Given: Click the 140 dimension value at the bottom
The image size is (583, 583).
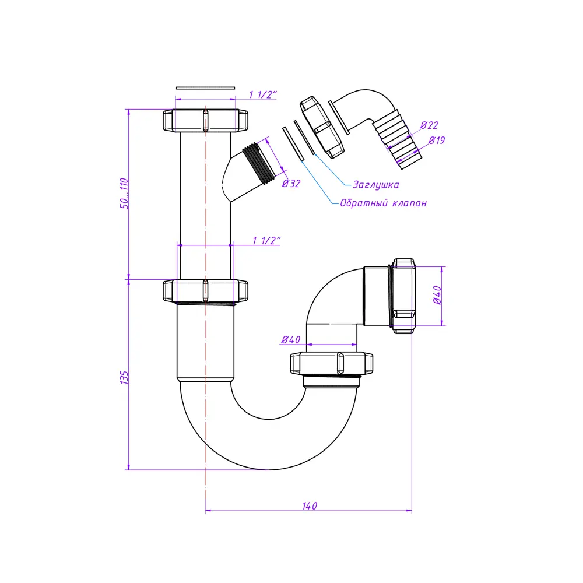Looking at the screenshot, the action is coord(310,505).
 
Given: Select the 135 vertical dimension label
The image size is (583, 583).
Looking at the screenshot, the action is coord(124,377).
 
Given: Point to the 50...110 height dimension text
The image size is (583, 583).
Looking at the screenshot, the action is coord(124,194).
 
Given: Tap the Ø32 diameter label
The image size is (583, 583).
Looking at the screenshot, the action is coord(291,183).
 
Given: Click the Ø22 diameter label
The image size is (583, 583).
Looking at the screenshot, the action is coord(429,125).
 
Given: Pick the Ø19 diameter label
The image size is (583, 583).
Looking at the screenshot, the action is coord(437,140).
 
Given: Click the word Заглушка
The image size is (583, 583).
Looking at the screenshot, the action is coord(375,185).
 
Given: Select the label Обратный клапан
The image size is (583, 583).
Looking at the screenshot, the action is coord(384,203).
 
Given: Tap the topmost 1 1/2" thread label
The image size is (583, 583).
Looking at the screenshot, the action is coord(263,94).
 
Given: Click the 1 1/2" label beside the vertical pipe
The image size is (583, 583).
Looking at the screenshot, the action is coord(266,241).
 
